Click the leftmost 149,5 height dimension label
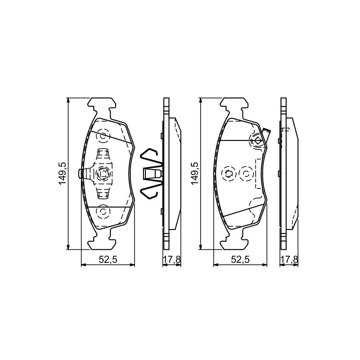tap(62, 174)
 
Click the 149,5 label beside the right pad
tap(195, 174)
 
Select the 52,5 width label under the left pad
tap(108, 260)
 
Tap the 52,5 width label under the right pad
tap(240, 260)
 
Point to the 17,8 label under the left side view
tap(172, 260)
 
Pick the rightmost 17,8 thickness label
tap(289, 260)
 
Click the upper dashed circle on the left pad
tap(103, 136)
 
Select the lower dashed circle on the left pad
tap(103, 211)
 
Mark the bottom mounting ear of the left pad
tap(102, 242)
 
